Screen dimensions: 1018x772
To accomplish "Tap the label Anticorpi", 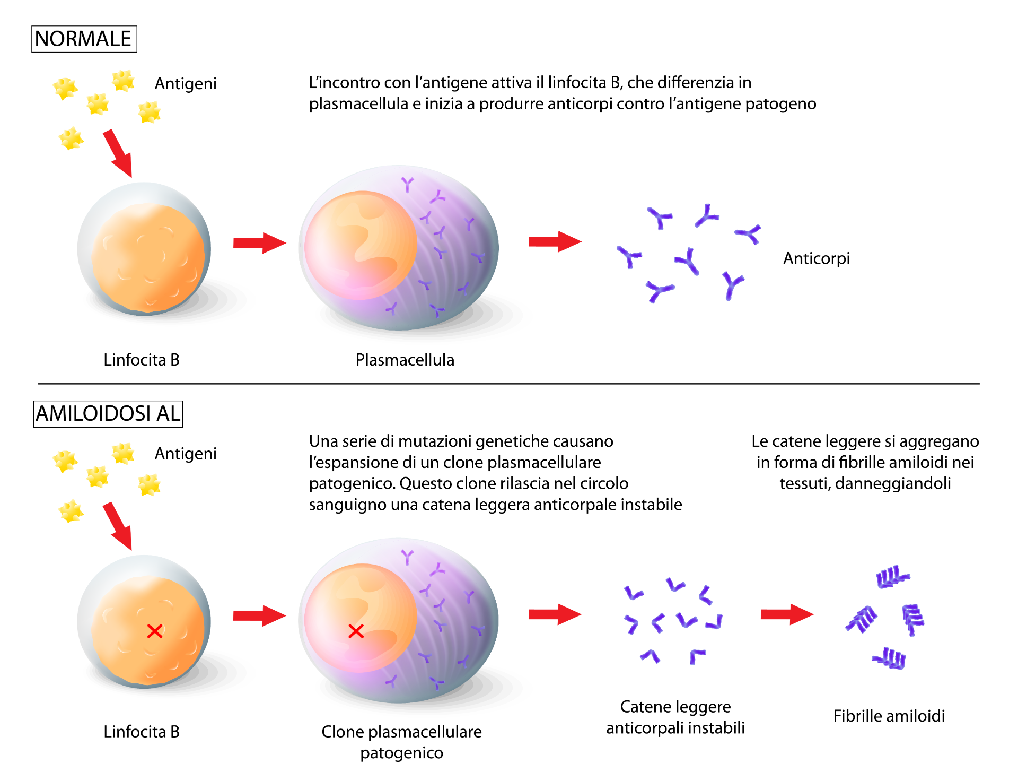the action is point(817,258).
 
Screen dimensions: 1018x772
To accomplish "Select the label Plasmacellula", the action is point(405,360).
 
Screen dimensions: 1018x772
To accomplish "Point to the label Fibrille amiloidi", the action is point(889,716).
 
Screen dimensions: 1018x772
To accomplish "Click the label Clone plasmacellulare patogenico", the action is point(402,742).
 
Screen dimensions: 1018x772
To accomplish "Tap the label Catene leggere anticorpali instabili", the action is point(675,717).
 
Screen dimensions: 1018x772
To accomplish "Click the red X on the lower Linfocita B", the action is point(155,631).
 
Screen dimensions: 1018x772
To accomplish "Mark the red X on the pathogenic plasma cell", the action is point(356,631).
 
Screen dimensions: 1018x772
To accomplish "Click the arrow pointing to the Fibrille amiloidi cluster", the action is point(787,614).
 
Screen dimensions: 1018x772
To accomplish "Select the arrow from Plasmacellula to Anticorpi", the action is point(555,242).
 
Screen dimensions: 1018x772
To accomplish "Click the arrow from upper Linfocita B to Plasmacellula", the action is point(259,243).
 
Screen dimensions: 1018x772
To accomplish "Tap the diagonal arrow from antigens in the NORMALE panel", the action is point(118,153).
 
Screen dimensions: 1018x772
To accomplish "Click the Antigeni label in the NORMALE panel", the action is point(186,84).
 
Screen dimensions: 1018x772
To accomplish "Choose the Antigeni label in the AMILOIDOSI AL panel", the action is point(186,454).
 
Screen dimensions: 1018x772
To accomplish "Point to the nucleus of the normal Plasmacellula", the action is point(361,245).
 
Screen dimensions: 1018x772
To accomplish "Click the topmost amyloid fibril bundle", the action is point(892,577).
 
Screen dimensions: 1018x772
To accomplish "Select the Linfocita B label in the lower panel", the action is point(142,732).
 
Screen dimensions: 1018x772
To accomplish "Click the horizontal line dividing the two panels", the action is point(509,383).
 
